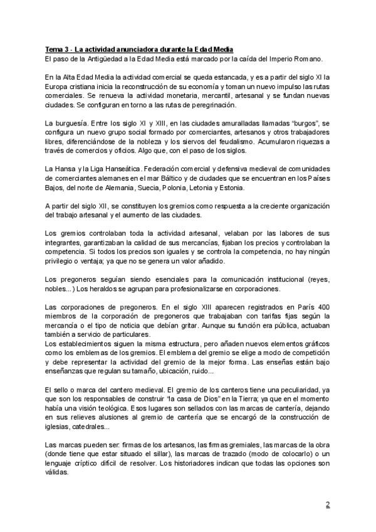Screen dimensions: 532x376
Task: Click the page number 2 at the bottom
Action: click(328, 504)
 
